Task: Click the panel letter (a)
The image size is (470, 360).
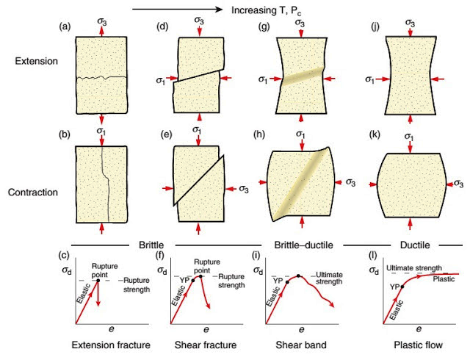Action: (x=65, y=27)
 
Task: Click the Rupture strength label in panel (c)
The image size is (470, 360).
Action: (x=137, y=284)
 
